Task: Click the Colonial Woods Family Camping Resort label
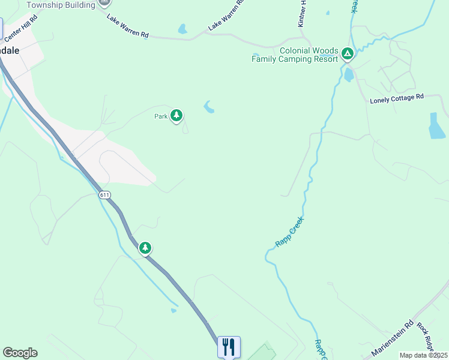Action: point(295,55)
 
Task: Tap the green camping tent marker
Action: point(347,54)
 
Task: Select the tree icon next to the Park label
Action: point(176,115)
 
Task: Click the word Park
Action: point(160,117)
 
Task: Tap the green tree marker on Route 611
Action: point(145,248)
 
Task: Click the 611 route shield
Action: point(105,195)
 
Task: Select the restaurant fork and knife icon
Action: point(229,347)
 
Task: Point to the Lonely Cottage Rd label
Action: point(397,97)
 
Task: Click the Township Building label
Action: point(61,5)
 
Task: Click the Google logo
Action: point(20,353)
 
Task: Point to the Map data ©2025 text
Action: point(423,355)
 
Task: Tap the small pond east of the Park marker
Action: point(209,107)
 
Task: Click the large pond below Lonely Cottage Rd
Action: point(437,125)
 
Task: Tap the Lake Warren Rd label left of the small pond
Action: point(127,26)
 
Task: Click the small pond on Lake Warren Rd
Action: point(182,29)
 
